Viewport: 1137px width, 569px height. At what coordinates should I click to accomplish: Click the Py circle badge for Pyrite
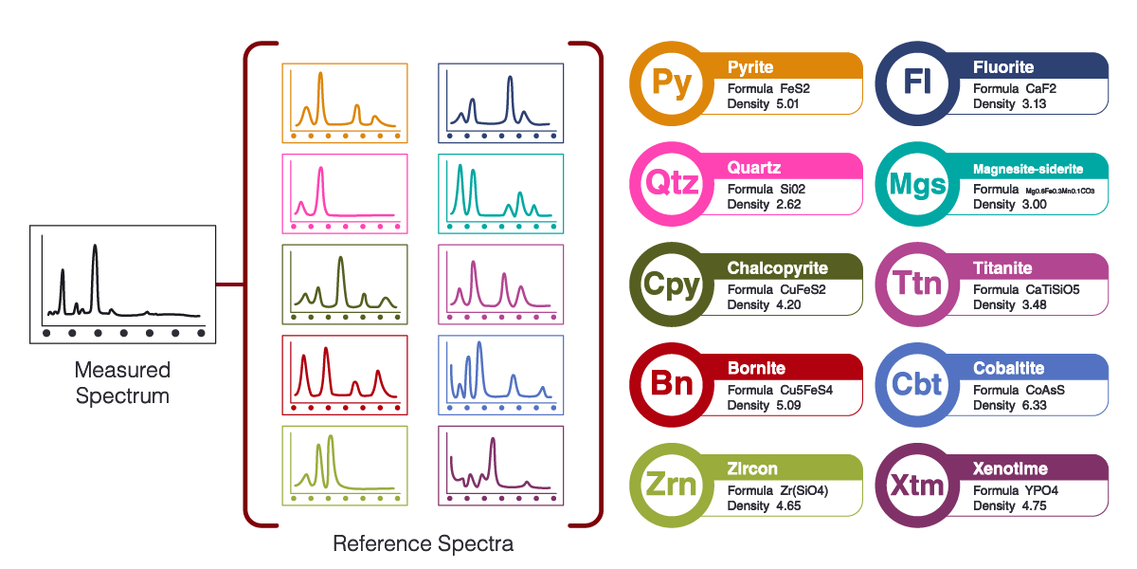click(672, 83)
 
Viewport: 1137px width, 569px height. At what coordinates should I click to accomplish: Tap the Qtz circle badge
click(672, 184)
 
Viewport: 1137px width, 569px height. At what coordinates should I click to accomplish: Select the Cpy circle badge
click(672, 284)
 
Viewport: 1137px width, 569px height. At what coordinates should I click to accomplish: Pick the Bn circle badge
click(672, 385)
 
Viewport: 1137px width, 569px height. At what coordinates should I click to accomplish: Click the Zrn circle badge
click(672, 486)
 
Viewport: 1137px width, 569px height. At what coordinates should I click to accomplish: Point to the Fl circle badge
click(917, 83)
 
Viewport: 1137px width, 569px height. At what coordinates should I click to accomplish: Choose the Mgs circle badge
click(917, 184)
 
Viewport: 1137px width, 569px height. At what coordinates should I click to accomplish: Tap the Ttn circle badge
click(917, 284)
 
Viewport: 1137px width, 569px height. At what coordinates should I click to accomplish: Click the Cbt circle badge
click(917, 385)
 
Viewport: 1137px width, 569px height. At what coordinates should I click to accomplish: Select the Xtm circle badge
click(917, 486)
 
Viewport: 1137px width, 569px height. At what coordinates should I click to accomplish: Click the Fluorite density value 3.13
click(1034, 104)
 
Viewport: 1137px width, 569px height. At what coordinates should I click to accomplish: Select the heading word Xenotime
click(1010, 468)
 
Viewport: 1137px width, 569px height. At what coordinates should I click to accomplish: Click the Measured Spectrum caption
click(122, 383)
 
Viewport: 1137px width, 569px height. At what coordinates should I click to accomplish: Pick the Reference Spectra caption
click(423, 544)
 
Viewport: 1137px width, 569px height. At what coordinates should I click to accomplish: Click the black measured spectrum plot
click(122, 279)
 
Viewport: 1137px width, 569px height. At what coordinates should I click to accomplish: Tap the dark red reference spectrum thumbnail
click(345, 375)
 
